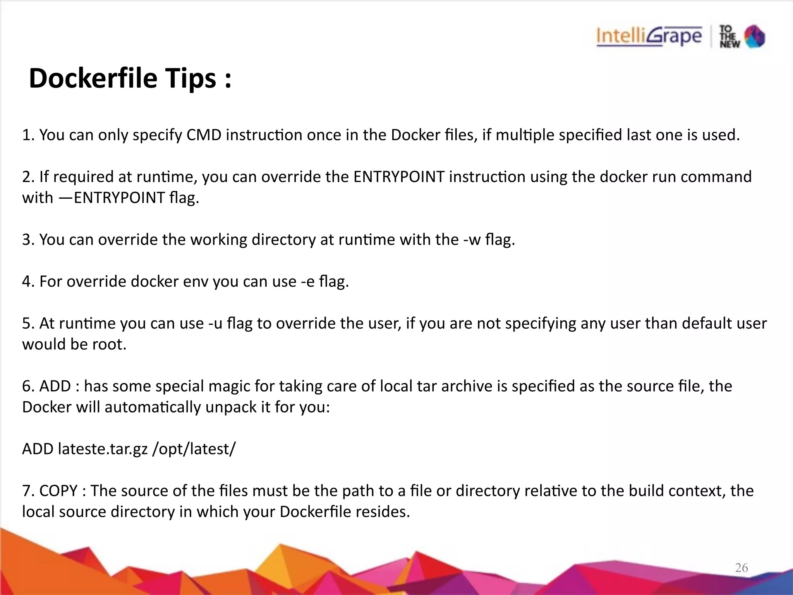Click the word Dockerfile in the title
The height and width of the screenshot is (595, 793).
(x=93, y=79)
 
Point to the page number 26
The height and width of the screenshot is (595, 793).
(x=741, y=567)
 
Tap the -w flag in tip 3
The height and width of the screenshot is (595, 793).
(x=471, y=240)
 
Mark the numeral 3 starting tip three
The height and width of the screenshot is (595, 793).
(x=26, y=240)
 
